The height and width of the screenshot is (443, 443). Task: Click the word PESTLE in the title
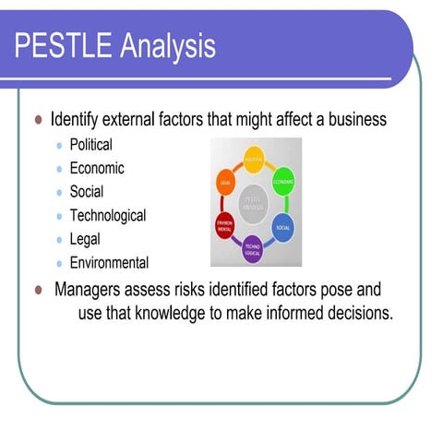click(x=60, y=45)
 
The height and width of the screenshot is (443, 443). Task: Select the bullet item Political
click(x=90, y=145)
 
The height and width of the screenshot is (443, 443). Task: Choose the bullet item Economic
click(x=97, y=169)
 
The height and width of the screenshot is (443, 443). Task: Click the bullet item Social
click(x=87, y=192)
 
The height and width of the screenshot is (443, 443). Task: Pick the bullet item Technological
click(x=108, y=216)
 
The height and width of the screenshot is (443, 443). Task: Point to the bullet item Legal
click(x=86, y=239)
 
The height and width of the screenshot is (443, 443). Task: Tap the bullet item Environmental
click(x=109, y=263)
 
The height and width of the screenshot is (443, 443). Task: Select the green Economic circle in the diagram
click(x=284, y=182)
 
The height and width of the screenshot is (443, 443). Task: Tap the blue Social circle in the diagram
click(x=283, y=227)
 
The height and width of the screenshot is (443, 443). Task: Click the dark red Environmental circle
click(x=224, y=226)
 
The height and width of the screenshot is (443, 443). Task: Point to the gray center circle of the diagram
click(x=254, y=204)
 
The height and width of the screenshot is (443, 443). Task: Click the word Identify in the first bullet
click(x=78, y=120)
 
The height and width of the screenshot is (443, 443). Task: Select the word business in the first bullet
click(x=355, y=120)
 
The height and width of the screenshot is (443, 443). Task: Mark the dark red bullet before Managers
click(x=39, y=289)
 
